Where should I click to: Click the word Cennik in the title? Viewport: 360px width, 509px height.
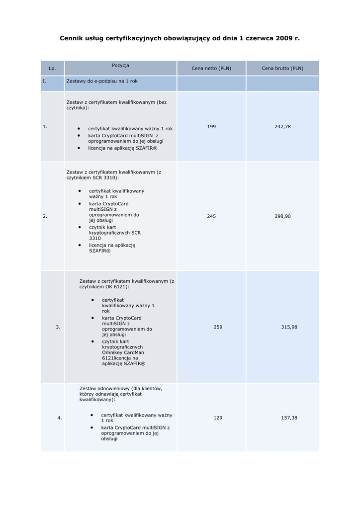click(x=71, y=38)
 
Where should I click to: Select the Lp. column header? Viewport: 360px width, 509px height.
click(x=52, y=69)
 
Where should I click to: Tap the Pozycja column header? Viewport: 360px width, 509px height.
click(x=120, y=66)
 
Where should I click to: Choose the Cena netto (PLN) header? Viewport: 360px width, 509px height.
click(x=211, y=69)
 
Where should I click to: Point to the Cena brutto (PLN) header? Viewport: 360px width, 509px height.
click(x=282, y=69)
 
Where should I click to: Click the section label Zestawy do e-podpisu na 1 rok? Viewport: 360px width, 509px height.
click(x=102, y=81)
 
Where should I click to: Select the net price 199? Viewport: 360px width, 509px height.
click(x=211, y=127)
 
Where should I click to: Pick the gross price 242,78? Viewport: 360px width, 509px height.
click(x=282, y=127)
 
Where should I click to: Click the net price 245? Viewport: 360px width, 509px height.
click(x=211, y=216)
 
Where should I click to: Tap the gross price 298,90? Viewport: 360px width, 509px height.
click(x=282, y=216)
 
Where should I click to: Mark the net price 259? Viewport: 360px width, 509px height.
click(x=218, y=327)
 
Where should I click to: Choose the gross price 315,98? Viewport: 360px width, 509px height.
click(x=289, y=327)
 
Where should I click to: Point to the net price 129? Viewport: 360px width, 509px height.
click(x=218, y=418)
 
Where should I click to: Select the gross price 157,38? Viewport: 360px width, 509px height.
click(x=289, y=418)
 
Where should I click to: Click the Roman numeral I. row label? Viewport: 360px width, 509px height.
click(x=44, y=81)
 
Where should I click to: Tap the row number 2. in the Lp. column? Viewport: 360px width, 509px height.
click(x=45, y=216)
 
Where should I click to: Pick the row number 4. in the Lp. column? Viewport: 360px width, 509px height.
click(x=60, y=418)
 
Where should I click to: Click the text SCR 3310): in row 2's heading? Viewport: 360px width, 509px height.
click(x=105, y=177)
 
